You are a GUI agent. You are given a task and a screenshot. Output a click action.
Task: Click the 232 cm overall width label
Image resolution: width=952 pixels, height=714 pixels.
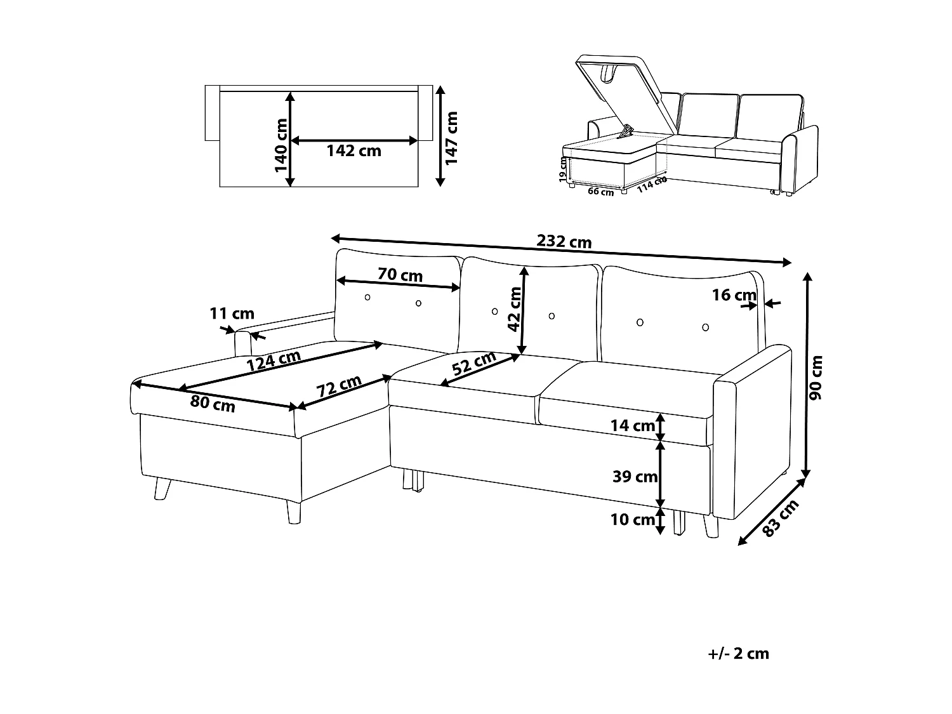click(x=564, y=242)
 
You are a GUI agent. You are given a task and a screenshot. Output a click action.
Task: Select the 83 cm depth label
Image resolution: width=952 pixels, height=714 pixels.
click(x=780, y=519)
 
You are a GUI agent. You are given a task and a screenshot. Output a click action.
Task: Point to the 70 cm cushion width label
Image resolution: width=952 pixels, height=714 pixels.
click(x=400, y=275)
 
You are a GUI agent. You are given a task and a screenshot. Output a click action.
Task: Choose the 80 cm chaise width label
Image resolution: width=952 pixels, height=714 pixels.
click(x=213, y=404)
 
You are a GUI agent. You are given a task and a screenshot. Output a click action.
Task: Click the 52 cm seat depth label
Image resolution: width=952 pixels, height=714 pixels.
click(x=474, y=364)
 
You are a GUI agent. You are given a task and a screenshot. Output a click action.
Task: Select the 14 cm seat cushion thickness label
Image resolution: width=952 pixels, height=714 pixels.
click(x=632, y=426)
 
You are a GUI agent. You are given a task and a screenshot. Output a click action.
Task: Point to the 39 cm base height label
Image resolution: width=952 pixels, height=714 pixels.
click(x=635, y=477)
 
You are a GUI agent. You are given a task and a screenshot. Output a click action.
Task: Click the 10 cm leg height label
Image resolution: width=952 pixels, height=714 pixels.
click(x=632, y=520)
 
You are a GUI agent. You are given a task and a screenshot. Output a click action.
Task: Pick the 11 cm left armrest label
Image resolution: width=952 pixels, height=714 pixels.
click(x=232, y=314)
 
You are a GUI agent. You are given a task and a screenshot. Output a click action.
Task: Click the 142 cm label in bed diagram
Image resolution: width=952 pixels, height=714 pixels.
click(x=354, y=151)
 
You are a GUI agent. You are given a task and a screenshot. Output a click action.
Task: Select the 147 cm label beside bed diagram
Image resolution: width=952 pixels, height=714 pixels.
click(x=451, y=138)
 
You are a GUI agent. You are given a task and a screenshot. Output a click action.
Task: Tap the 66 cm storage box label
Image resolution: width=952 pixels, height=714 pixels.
click(x=600, y=192)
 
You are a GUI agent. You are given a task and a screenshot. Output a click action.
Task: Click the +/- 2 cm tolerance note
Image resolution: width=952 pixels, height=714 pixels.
click(x=737, y=654)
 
